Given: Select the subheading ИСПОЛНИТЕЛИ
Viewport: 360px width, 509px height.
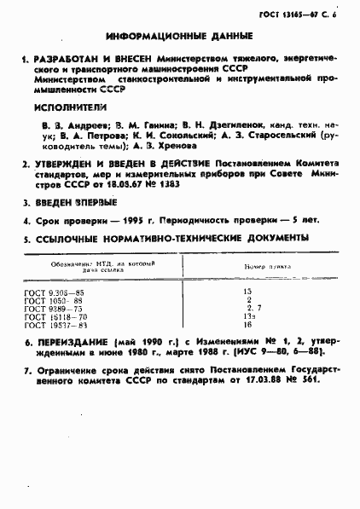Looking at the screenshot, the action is pos(70,108).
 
